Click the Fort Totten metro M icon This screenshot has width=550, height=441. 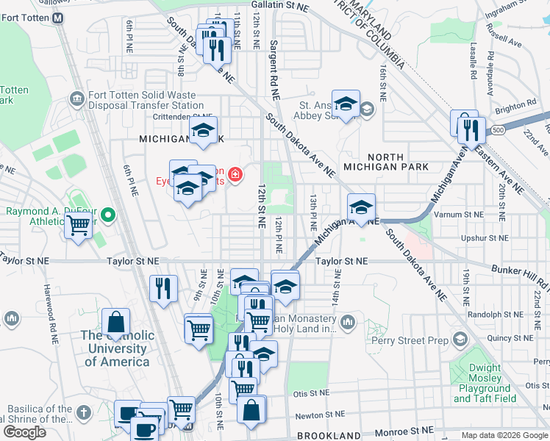click(x=57, y=18)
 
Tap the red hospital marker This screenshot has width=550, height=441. click(x=235, y=174)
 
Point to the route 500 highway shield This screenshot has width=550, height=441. click(x=499, y=130)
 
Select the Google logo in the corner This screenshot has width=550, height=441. click(x=25, y=432)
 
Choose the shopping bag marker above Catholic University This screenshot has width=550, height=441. click(x=116, y=322)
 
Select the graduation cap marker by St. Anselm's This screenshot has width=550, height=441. click(x=344, y=104)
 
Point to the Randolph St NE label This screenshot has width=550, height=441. click(x=482, y=313)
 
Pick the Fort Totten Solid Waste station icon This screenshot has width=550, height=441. click(x=76, y=98)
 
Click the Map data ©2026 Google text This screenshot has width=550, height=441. click(x=504, y=435)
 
